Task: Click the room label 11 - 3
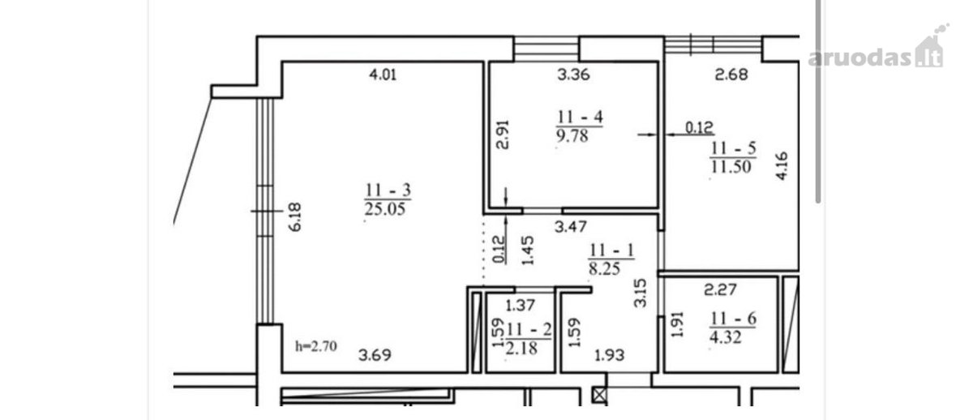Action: pyautogui.click(x=388, y=190)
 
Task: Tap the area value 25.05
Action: pyautogui.click(x=385, y=209)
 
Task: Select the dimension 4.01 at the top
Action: pyautogui.click(x=383, y=75)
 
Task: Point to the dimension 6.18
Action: pyautogui.click(x=295, y=217)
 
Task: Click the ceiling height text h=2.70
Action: pyautogui.click(x=316, y=346)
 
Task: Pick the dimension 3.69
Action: pyautogui.click(x=375, y=355)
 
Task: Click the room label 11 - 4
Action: pyautogui.click(x=580, y=117)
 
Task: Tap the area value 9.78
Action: pyautogui.click(x=572, y=136)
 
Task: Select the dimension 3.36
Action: pyautogui.click(x=574, y=75)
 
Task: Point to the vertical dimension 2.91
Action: pyautogui.click(x=503, y=135)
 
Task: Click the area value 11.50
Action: pyautogui.click(x=731, y=167)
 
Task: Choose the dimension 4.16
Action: pyautogui.click(x=782, y=165)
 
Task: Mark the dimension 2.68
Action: pyautogui.click(x=731, y=75)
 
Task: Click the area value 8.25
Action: pyautogui.click(x=604, y=269)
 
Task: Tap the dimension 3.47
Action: pyautogui.click(x=571, y=226)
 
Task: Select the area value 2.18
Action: pyautogui.click(x=521, y=348)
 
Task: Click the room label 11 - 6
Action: pyautogui.click(x=733, y=319)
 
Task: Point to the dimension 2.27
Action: pyautogui.click(x=721, y=289)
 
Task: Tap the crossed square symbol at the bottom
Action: pyautogui.click(x=599, y=395)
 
